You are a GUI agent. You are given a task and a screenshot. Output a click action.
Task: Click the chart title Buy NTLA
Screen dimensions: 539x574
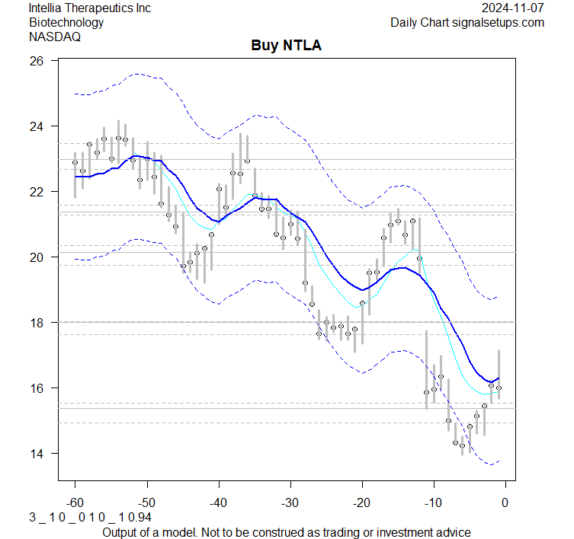(x=287, y=46)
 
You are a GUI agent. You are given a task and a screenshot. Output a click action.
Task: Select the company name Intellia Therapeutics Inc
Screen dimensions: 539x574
(x=89, y=8)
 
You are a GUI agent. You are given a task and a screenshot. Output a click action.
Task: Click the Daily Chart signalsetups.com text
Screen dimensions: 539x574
(x=467, y=22)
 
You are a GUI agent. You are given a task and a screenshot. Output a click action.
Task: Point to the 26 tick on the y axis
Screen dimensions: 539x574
(x=36, y=60)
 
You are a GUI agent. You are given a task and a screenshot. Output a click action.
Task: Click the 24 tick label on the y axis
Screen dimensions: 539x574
(x=36, y=126)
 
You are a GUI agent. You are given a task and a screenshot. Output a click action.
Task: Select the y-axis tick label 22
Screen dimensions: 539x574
(x=36, y=191)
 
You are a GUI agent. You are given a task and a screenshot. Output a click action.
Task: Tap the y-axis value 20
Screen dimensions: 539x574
(x=36, y=257)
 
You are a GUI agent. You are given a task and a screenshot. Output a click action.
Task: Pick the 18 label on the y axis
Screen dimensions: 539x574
(x=36, y=323)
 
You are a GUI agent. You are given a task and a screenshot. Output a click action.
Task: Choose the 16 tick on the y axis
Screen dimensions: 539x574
(x=36, y=388)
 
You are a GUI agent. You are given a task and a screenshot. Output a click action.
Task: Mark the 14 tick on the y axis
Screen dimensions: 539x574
(x=36, y=454)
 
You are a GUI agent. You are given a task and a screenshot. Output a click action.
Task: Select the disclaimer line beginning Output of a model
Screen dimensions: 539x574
(x=287, y=531)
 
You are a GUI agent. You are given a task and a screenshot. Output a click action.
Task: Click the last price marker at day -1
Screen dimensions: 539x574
(x=499, y=388)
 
